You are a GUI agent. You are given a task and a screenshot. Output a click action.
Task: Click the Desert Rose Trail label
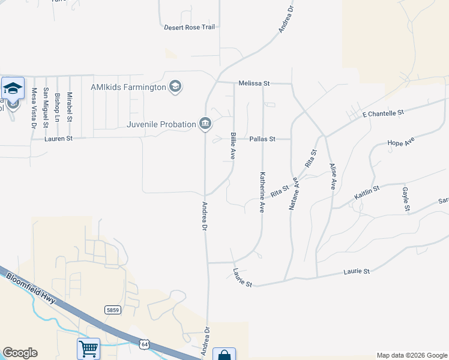coord(189,27)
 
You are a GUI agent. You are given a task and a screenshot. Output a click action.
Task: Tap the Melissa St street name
coord(255,83)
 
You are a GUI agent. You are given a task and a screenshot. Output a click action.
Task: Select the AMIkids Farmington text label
coord(128,87)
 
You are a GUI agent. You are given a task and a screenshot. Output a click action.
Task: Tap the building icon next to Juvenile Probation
coord(205,124)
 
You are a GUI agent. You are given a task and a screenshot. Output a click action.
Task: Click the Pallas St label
coord(262,139)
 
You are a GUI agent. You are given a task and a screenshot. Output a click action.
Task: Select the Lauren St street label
coord(59,139)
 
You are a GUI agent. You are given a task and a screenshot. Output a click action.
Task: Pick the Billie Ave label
coord(233,146)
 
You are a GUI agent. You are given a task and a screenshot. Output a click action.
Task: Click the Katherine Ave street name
coord(262,193)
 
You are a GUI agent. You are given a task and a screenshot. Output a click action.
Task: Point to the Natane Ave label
coord(294,192)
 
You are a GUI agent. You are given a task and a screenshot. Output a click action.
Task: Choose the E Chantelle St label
coord(383,113)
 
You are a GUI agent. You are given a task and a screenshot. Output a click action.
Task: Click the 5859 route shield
coord(112,310)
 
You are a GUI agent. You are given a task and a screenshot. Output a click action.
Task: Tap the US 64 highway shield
coord(143,343)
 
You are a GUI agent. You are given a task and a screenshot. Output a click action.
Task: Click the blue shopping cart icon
coord(88,348)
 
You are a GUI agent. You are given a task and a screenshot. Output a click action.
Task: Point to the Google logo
coord(20,353)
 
